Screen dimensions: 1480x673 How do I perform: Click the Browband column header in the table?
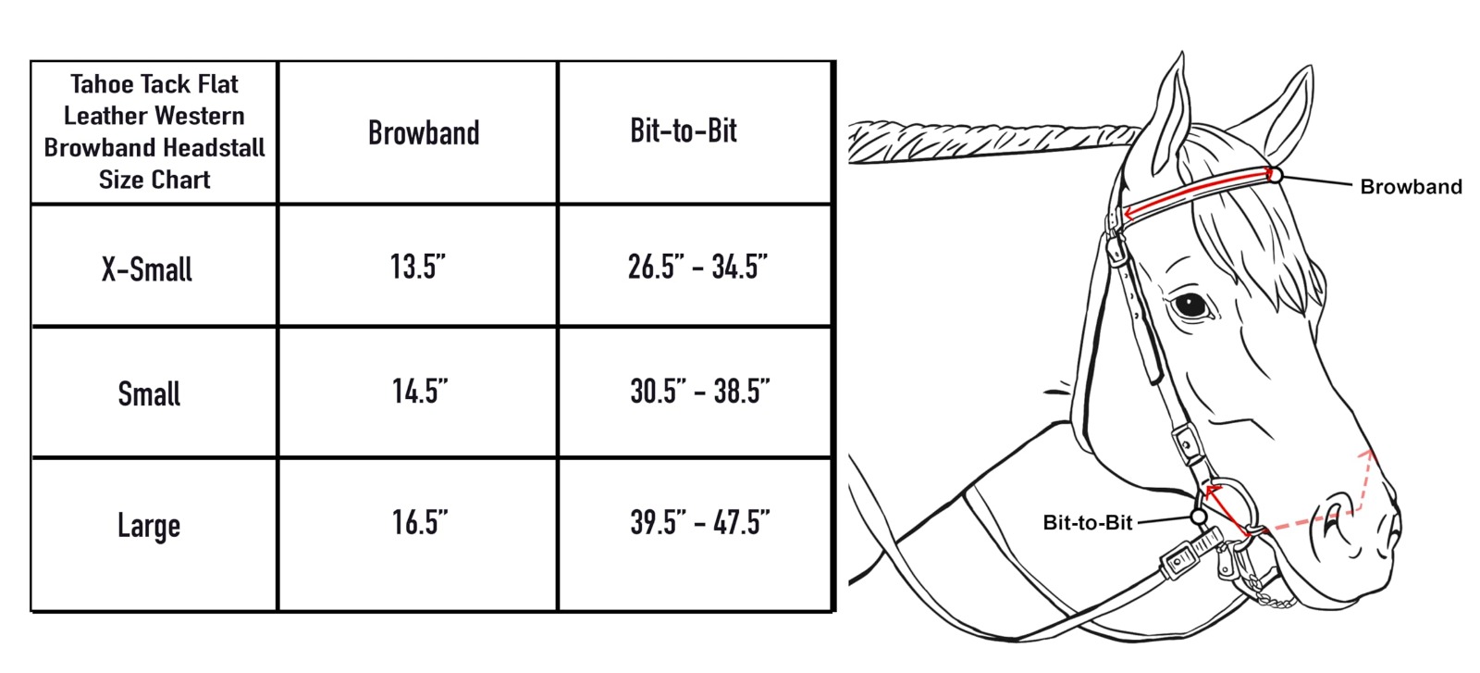point(424,132)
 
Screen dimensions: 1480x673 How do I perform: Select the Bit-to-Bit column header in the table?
point(684,131)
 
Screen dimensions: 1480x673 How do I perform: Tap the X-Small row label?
point(147,269)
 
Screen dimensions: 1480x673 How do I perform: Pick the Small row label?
point(149,394)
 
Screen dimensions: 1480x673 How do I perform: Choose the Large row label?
point(149,526)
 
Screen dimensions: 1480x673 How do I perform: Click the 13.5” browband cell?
point(417,267)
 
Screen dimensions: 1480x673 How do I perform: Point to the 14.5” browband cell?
point(420,391)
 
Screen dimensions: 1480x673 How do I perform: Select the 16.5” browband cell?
point(420,522)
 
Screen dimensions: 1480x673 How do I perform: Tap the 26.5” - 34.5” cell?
point(697,267)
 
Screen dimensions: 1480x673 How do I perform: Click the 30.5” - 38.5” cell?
point(699,391)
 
